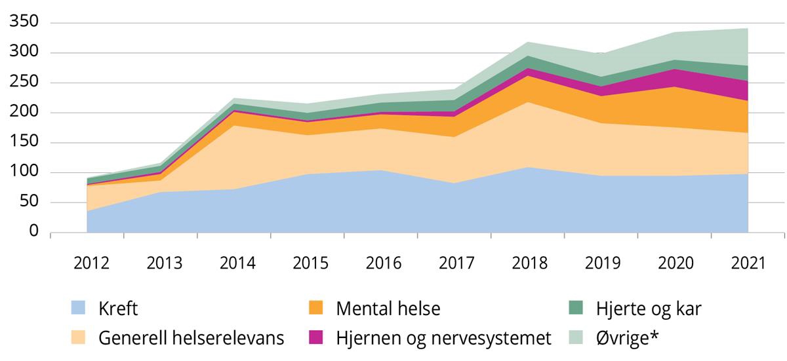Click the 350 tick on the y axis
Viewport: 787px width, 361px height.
[x=25, y=23]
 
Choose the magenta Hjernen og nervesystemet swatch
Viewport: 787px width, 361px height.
[x=315, y=338]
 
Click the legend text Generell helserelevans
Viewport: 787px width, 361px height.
[x=192, y=338]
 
